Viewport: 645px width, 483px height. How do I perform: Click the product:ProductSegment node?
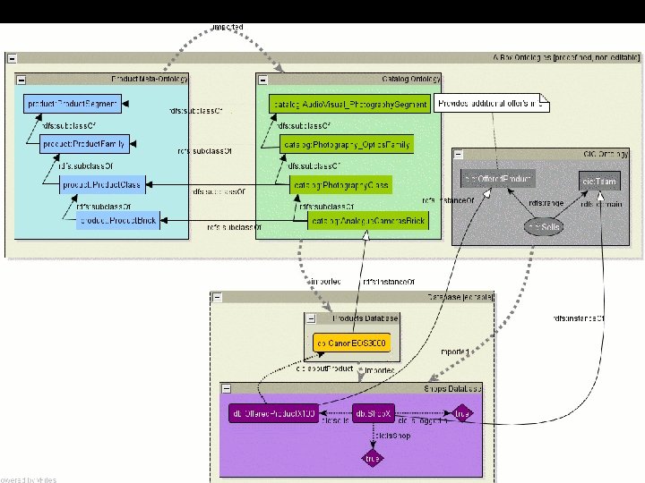[73, 105]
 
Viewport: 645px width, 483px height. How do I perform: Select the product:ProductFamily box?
[84, 142]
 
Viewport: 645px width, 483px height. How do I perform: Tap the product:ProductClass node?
[101, 185]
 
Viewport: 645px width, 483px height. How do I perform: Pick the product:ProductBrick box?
[118, 221]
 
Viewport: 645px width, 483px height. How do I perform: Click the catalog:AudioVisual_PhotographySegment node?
[349, 105]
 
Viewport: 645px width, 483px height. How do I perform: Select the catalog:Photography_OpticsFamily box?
[346, 144]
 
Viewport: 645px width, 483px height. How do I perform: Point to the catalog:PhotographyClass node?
[341, 185]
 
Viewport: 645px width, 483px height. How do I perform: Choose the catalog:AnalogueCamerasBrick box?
[367, 221]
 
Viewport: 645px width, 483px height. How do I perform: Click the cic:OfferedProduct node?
[497, 180]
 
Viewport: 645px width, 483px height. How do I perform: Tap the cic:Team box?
[598, 182]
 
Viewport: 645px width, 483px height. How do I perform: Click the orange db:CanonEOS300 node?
[352, 343]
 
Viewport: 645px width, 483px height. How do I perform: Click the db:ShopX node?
[373, 414]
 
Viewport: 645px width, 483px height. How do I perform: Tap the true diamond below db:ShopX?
[372, 458]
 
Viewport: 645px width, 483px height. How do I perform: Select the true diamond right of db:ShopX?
[462, 414]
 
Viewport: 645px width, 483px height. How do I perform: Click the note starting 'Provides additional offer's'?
[491, 104]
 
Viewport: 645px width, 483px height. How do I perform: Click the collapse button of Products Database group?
[310, 318]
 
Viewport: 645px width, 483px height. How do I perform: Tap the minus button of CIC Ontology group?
[459, 154]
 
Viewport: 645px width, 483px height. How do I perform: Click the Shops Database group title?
[451, 388]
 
